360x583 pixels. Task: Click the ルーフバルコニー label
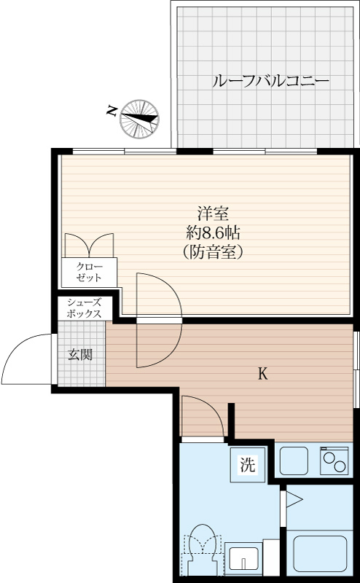coord(270,82)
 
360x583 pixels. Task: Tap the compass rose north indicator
coord(139,119)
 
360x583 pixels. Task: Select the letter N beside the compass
coord(111,111)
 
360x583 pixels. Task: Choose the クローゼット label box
coord(89,272)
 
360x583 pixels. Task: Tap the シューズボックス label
coord(84,308)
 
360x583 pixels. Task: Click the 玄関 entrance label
coord(79,355)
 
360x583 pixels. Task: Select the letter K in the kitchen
coord(263,374)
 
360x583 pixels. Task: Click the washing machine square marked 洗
coord(248,464)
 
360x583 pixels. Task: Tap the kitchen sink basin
coord(294,461)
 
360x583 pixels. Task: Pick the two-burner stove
coord(334,461)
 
